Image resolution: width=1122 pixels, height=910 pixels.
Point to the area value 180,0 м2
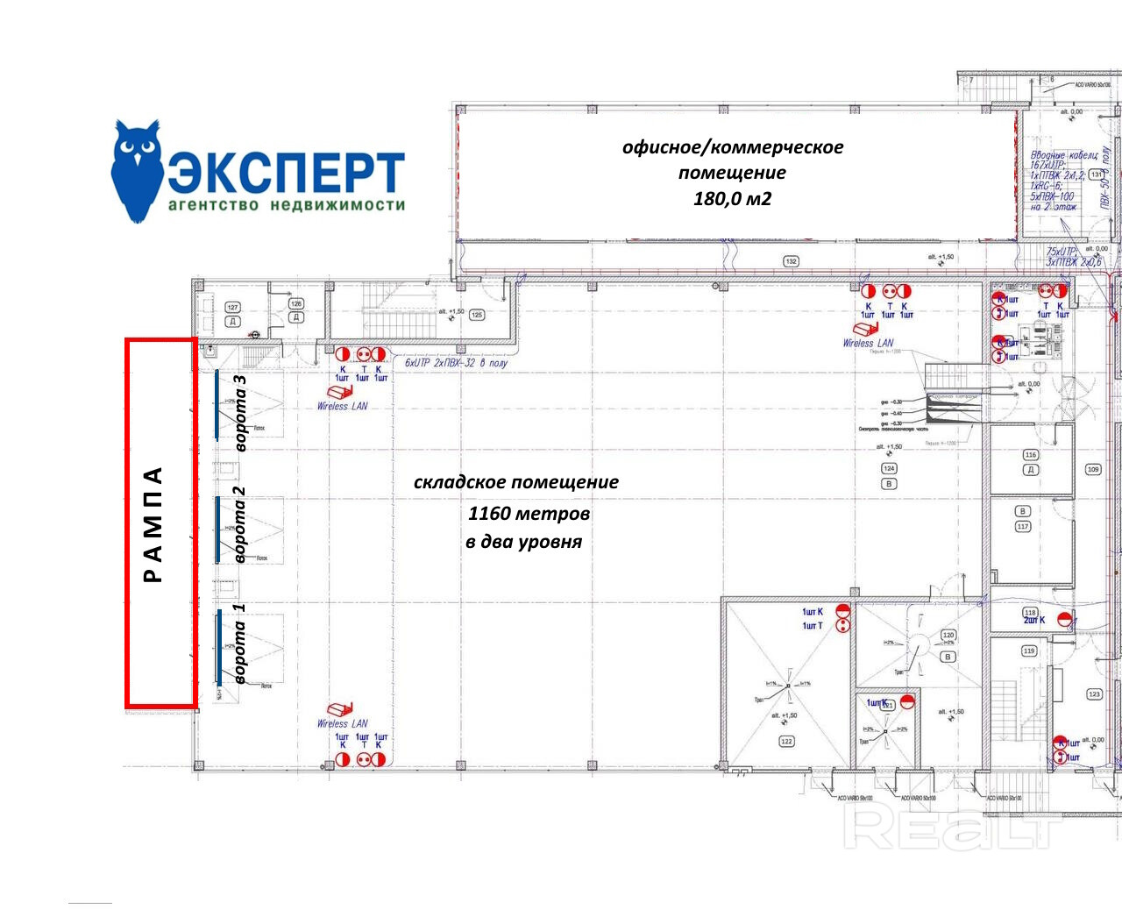(732, 198)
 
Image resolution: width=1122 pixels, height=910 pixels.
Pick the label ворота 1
(239, 643)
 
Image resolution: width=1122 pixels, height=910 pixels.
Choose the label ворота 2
(239, 524)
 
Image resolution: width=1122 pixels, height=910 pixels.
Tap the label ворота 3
(239, 413)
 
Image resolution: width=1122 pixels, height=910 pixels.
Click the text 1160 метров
(529, 513)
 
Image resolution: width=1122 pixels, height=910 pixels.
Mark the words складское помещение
(515, 482)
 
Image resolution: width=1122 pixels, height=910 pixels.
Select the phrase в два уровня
(523, 542)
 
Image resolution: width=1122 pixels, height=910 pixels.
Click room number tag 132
(791, 261)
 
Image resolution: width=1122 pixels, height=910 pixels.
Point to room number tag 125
(477, 314)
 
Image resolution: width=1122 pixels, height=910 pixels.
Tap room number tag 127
(232, 307)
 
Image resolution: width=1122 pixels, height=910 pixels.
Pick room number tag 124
(889, 469)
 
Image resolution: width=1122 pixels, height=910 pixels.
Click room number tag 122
(786, 742)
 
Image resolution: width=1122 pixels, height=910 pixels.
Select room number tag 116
(1031, 455)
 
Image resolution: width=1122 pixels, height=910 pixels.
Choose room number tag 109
(1093, 469)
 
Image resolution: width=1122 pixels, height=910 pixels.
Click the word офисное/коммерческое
(732, 147)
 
